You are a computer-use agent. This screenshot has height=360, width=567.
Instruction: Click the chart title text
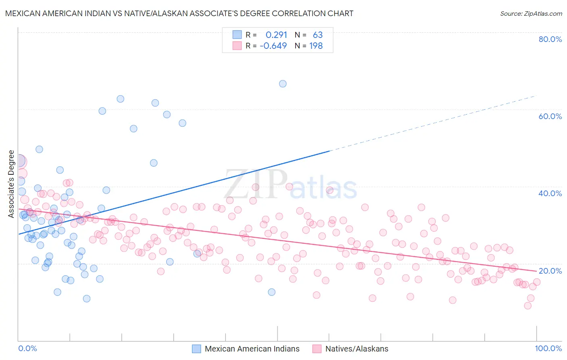click(x=179, y=13)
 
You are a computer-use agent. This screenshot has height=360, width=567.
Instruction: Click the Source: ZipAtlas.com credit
click(x=531, y=13)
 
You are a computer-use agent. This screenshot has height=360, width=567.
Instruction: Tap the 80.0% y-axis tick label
click(x=550, y=39)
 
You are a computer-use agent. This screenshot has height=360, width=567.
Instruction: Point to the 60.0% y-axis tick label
click(x=550, y=116)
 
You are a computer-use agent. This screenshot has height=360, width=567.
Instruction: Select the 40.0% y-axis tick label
click(x=550, y=193)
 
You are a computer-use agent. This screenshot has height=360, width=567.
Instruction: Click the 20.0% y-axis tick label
click(x=550, y=270)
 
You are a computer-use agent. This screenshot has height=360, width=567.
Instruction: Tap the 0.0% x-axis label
click(x=27, y=348)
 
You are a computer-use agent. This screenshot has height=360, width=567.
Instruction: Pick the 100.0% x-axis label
click(x=548, y=348)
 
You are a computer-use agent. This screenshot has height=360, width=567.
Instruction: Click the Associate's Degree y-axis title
click(x=11, y=184)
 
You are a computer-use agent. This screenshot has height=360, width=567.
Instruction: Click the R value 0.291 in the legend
click(x=276, y=35)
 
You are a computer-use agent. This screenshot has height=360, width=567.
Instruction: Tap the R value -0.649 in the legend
click(x=273, y=46)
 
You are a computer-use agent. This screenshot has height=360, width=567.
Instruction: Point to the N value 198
click(x=316, y=46)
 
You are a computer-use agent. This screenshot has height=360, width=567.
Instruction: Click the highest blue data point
click(x=283, y=84)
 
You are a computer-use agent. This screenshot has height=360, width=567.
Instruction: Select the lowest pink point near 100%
click(x=527, y=306)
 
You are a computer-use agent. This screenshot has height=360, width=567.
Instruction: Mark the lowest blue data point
click(x=86, y=299)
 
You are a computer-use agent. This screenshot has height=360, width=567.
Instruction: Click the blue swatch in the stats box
click(x=237, y=35)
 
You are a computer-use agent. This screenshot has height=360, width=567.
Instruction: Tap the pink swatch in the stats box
click(x=237, y=46)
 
